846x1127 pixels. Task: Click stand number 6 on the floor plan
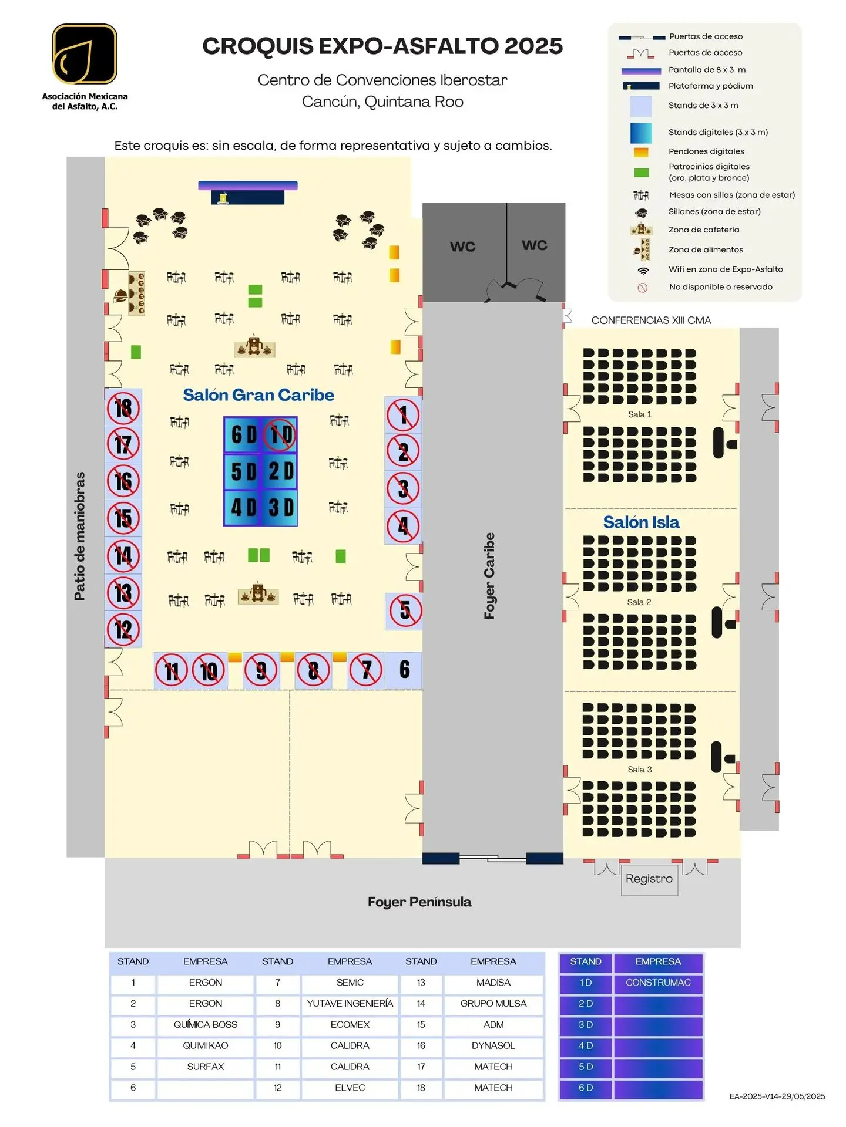pyautogui.click(x=404, y=670)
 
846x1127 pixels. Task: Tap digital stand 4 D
pyautogui.click(x=243, y=508)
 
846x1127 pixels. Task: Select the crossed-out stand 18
pyautogui.click(x=123, y=408)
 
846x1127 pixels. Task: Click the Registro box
pyautogui.click(x=649, y=879)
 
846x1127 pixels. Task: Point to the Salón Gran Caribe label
pyautogui.click(x=258, y=395)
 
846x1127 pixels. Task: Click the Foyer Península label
pyautogui.click(x=419, y=902)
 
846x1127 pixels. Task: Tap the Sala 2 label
pyautogui.click(x=639, y=602)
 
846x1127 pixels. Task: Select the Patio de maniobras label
pyautogui.click(x=80, y=536)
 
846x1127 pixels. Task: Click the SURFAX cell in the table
pyautogui.click(x=206, y=1067)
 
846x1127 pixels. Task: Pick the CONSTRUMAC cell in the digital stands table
pyautogui.click(x=658, y=983)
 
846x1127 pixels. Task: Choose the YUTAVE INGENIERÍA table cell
pyautogui.click(x=350, y=1004)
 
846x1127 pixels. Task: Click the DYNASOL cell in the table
pyautogui.click(x=493, y=1045)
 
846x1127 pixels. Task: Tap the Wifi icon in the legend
pyautogui.click(x=643, y=271)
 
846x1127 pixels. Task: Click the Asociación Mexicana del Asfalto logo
pyautogui.click(x=85, y=54)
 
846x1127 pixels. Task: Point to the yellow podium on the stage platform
pyautogui.click(x=223, y=198)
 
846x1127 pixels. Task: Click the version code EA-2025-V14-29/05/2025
pyautogui.click(x=777, y=1096)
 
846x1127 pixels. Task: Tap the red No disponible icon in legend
pyautogui.click(x=643, y=288)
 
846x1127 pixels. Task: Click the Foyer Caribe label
pyautogui.click(x=489, y=576)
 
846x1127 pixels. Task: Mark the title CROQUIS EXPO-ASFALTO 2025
pyautogui.click(x=382, y=46)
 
